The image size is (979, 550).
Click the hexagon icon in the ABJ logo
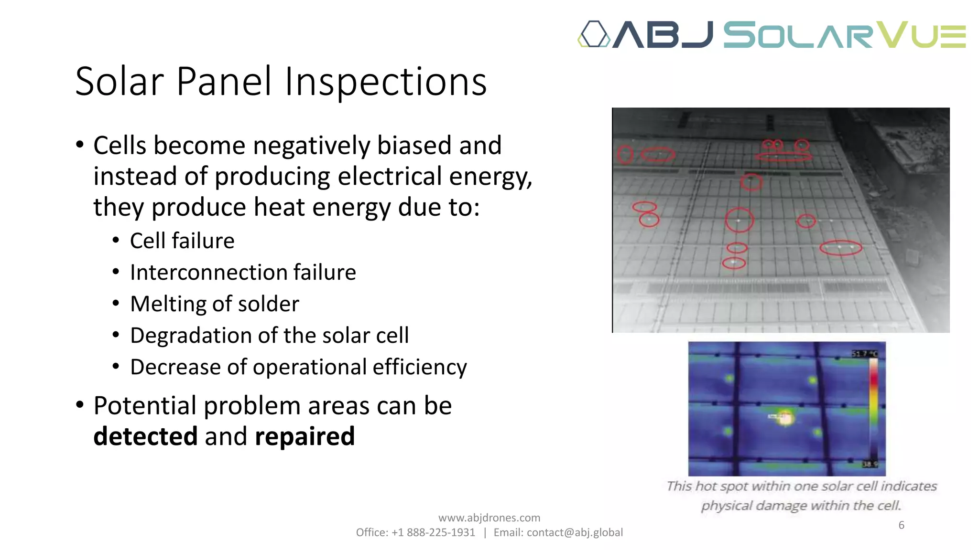(594, 34)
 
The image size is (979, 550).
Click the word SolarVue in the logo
(844, 35)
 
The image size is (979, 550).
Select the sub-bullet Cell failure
(182, 241)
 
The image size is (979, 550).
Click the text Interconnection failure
(243, 272)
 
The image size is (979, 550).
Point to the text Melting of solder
(215, 304)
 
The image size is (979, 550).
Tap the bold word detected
(145, 436)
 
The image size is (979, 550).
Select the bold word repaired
(305, 436)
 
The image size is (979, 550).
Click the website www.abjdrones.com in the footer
(489, 518)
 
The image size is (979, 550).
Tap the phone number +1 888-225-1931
(433, 532)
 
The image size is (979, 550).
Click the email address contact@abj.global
(575, 532)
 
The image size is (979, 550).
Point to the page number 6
(901, 525)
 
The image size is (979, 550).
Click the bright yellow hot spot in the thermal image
(785, 418)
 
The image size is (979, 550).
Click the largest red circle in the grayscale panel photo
(739, 220)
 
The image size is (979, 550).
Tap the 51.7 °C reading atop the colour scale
(865, 354)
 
